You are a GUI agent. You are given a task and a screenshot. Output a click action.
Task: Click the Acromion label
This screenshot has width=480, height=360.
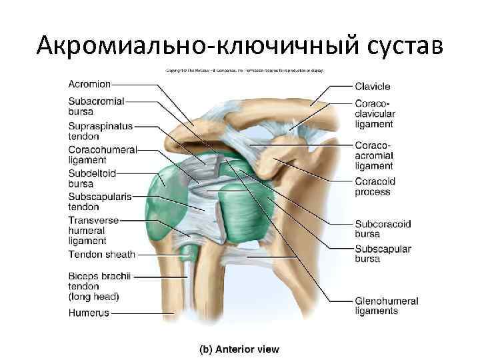click(89, 84)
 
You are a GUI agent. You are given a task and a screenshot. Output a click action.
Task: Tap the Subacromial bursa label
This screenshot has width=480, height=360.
click(96, 106)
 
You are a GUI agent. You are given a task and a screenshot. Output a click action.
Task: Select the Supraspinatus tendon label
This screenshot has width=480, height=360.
click(100, 131)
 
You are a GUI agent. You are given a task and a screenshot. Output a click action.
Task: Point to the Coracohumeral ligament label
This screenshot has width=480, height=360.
click(102, 155)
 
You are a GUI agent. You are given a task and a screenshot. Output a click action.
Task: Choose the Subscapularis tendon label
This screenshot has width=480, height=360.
click(99, 201)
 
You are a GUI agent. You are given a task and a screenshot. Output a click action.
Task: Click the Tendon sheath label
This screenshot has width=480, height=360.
click(101, 255)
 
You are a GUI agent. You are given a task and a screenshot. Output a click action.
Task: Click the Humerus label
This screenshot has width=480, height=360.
click(88, 312)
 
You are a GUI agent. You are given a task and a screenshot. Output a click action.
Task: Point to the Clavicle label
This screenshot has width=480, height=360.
click(373, 86)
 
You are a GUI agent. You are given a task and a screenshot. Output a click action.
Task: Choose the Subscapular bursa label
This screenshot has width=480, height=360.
click(383, 253)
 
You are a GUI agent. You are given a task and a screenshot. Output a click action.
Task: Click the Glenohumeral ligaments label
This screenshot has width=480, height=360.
click(386, 306)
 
